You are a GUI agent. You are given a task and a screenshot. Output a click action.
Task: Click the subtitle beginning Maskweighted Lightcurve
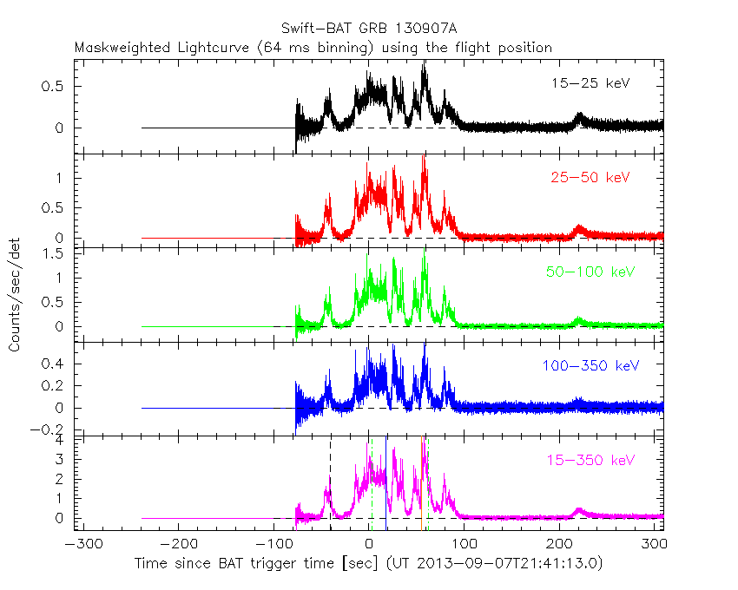[x=313, y=48]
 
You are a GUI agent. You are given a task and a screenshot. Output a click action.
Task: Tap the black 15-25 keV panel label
[x=590, y=84]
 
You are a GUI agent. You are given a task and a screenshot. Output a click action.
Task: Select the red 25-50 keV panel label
[x=590, y=178]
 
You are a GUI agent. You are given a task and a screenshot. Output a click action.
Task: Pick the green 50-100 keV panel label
[x=590, y=272]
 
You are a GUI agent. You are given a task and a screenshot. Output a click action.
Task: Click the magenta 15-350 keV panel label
[x=590, y=459]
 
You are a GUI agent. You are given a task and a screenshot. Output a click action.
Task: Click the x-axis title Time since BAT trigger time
[x=368, y=564]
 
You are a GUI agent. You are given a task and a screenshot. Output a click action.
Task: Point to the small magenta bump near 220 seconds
[x=580, y=511]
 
